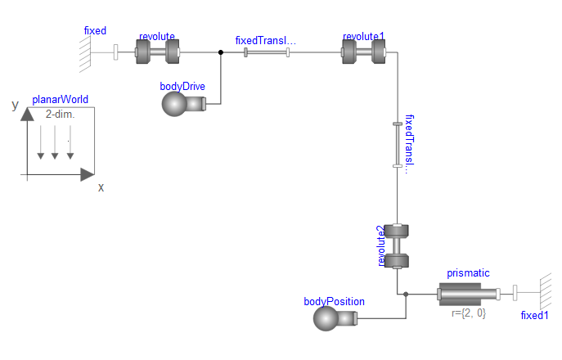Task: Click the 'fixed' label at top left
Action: (x=95, y=31)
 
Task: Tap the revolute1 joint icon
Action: (x=363, y=52)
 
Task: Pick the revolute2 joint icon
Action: (x=397, y=246)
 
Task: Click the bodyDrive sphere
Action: (x=175, y=104)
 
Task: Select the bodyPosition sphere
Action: (x=327, y=317)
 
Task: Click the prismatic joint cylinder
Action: (x=462, y=294)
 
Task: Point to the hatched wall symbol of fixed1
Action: (x=543, y=294)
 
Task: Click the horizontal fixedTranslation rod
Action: (x=267, y=52)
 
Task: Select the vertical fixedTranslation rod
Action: (x=397, y=145)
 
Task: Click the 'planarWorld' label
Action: (x=60, y=101)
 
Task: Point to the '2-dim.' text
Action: (x=60, y=115)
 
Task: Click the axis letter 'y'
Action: (x=15, y=105)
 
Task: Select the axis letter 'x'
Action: (x=101, y=187)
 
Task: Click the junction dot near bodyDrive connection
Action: (x=221, y=52)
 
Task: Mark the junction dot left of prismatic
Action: (x=406, y=294)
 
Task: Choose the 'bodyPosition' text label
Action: (x=334, y=301)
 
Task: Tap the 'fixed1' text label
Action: (x=537, y=315)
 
